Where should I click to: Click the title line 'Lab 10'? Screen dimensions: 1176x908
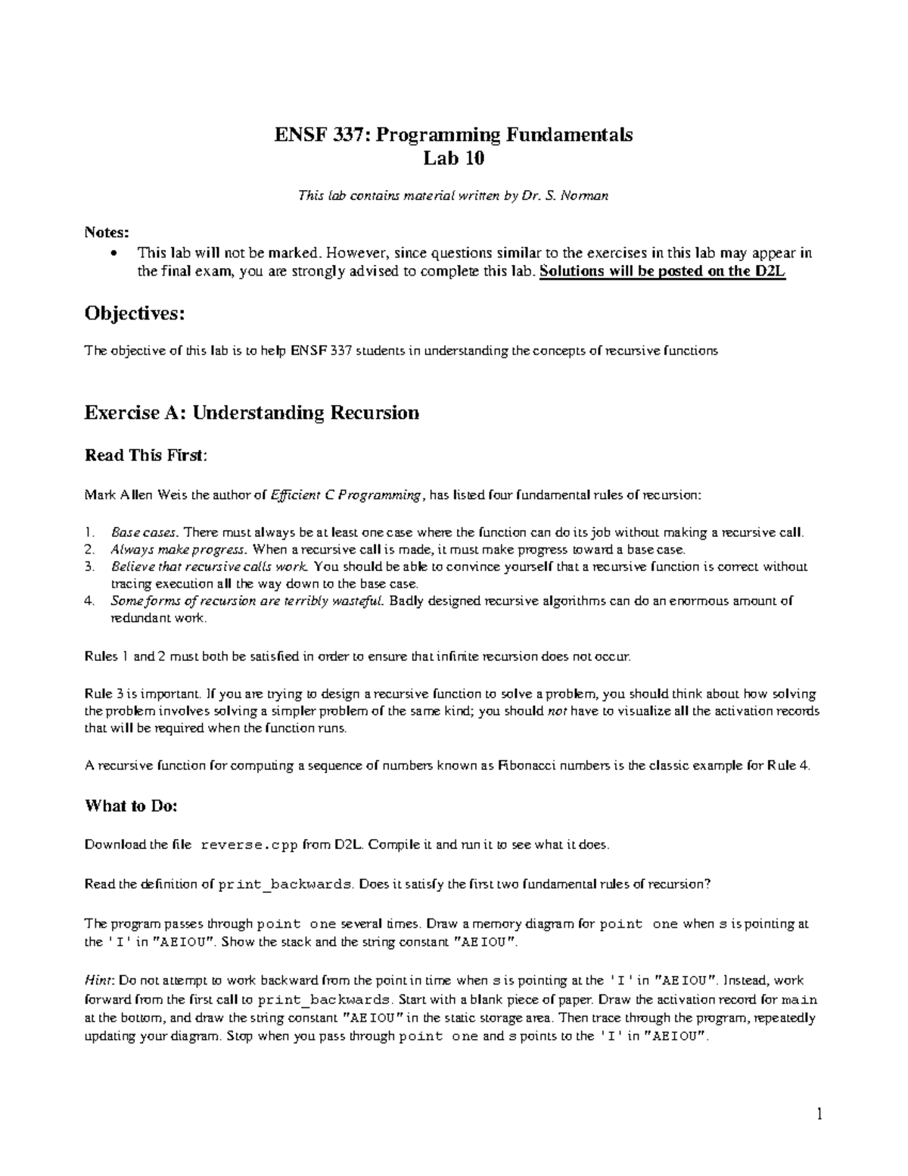tap(453, 158)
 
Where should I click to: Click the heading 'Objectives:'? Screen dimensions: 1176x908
tap(135, 313)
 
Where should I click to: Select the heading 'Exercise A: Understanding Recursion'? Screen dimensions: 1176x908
tap(251, 413)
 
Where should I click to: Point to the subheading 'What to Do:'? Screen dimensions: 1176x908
tap(131, 806)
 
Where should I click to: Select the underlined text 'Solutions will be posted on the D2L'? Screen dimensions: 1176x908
tap(664, 273)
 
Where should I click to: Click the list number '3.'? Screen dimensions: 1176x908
tap(89, 566)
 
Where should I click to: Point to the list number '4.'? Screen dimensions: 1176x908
tap(89, 601)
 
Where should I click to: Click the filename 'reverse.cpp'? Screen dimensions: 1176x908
tap(250, 844)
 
